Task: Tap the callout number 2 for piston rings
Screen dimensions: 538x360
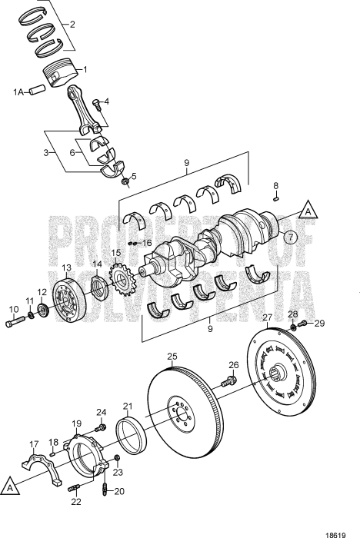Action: [x=72, y=25]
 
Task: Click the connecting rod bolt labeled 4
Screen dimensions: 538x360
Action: [x=95, y=104]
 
